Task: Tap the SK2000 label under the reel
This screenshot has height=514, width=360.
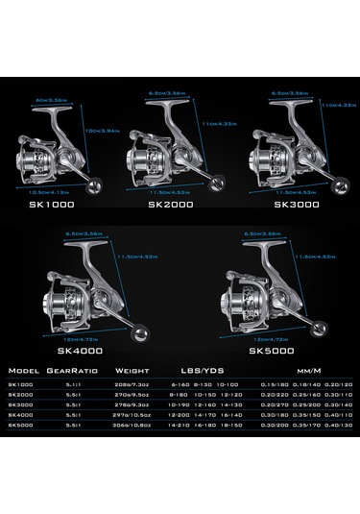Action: pyautogui.click(x=167, y=205)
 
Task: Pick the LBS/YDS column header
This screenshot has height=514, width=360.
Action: pyautogui.click(x=196, y=368)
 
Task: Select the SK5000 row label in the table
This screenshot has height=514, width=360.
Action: pyautogui.click(x=18, y=423)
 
